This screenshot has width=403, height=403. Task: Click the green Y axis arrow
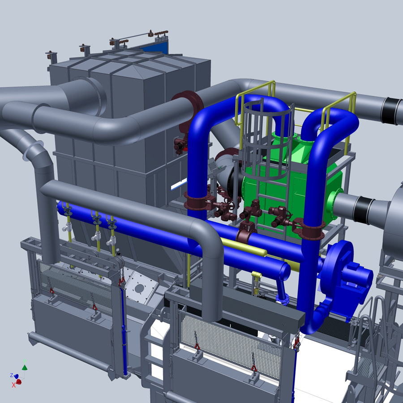(25, 368)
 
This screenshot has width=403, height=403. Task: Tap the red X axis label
(13, 385)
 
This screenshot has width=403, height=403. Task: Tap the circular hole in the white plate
(139, 288)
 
